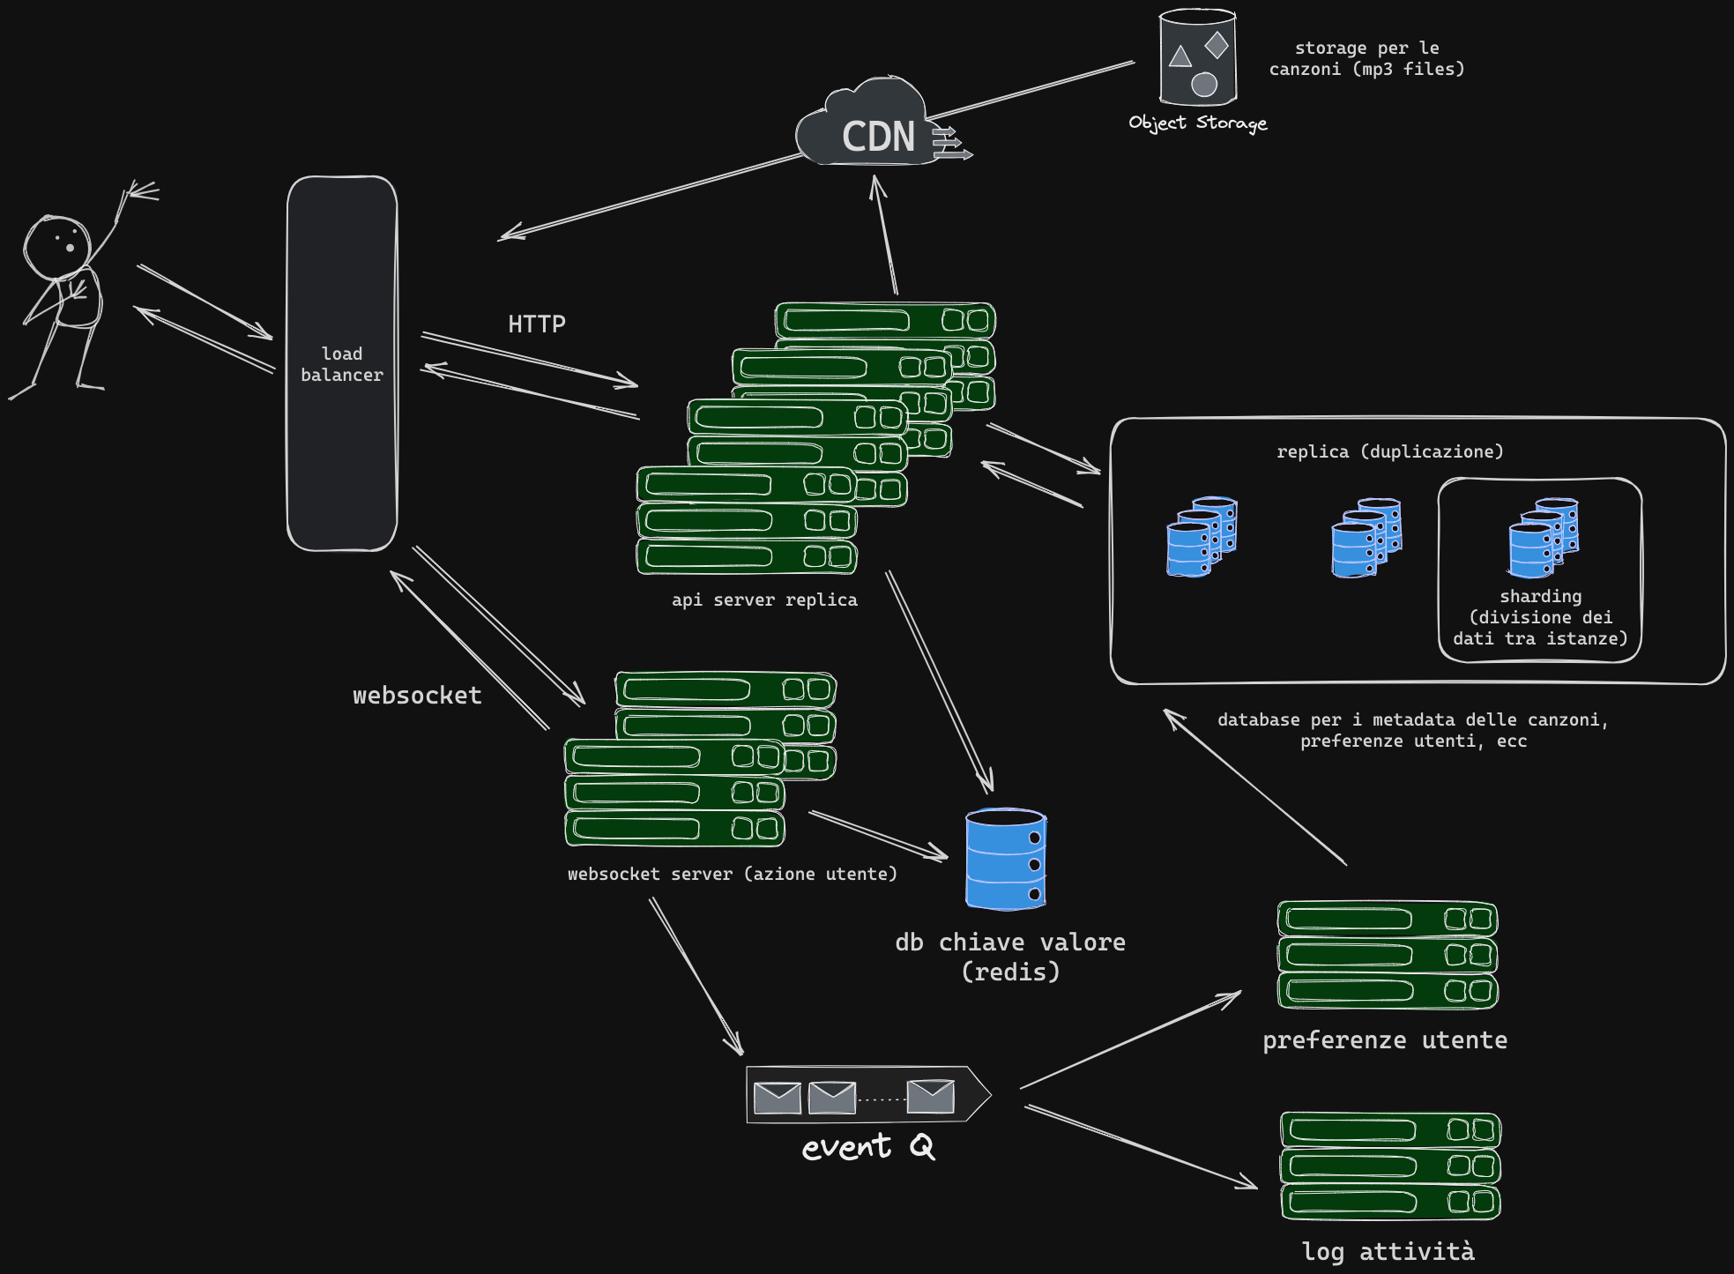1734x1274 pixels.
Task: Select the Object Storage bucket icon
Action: pos(1197,57)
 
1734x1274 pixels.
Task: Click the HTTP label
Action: pos(537,324)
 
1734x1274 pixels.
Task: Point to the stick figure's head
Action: pos(56,245)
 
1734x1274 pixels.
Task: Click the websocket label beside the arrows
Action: pos(417,696)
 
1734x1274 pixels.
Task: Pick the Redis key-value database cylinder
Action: pos(1006,859)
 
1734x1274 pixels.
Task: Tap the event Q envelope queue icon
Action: pos(868,1095)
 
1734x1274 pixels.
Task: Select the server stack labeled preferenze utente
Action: pos(1388,955)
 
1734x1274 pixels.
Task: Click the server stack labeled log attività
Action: pos(1390,1166)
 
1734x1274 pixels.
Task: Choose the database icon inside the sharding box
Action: pos(1543,537)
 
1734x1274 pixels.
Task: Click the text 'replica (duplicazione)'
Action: pos(1389,451)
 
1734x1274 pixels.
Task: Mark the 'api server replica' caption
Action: pos(764,600)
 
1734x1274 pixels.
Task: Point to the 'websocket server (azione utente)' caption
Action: pos(732,874)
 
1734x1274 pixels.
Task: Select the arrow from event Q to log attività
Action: pos(1141,1147)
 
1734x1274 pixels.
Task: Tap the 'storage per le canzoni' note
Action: pos(1366,58)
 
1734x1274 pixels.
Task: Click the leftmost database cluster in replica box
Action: pos(1202,537)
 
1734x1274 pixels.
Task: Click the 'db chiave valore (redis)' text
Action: pos(1010,957)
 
